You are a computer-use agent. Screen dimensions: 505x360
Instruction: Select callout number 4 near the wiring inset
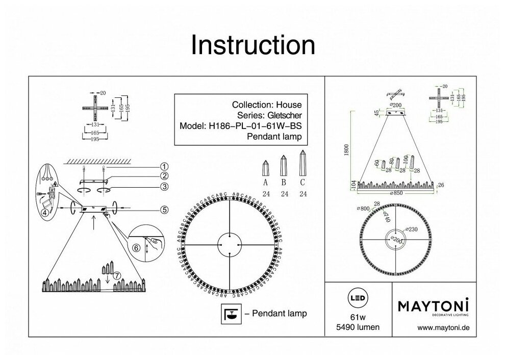45,214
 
